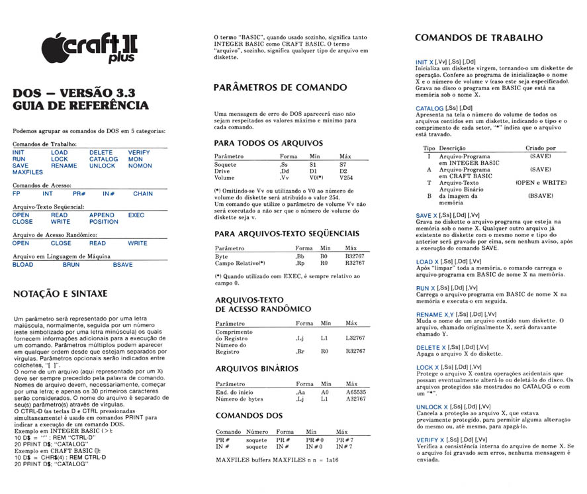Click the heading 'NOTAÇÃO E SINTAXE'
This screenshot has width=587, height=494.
[60, 293]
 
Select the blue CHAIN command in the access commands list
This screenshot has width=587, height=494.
[142, 194]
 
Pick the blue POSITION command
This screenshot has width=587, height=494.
[104, 222]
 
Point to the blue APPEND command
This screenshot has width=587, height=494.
[102, 215]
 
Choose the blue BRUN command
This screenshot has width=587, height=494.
[71, 264]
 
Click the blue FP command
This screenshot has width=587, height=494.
[17, 194]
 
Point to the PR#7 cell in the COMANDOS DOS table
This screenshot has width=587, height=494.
[345, 440]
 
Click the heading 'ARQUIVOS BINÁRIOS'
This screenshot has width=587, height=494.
[257, 369]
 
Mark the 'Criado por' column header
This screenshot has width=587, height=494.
[541, 148]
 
